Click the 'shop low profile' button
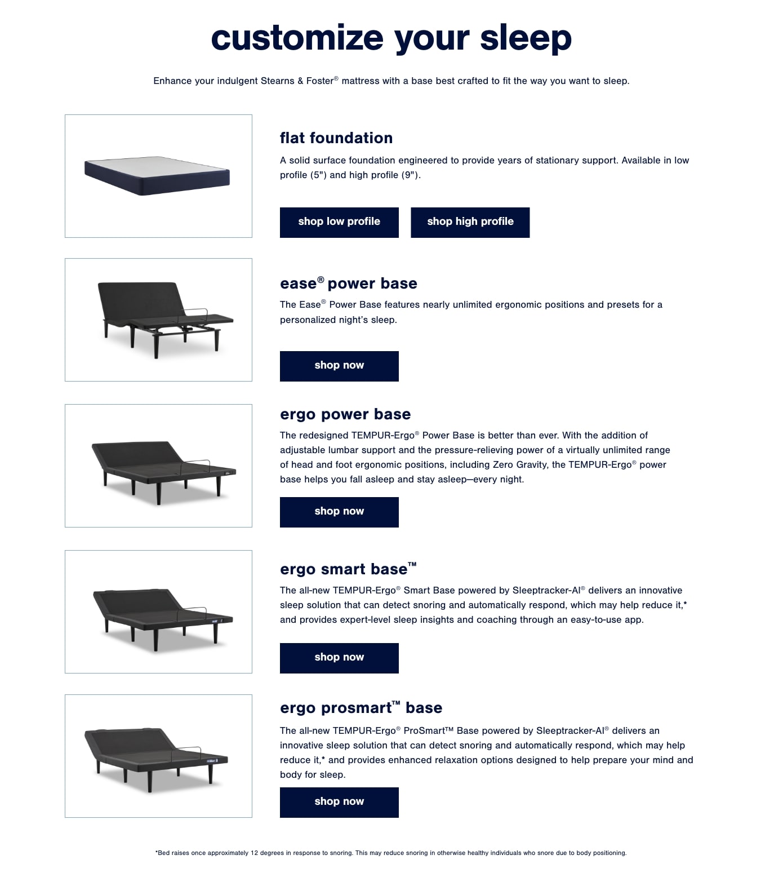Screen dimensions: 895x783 pyautogui.click(x=339, y=222)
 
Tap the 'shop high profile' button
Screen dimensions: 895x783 pyautogui.click(x=470, y=222)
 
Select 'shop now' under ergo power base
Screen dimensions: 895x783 pyautogui.click(x=339, y=512)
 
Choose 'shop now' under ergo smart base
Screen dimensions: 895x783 pyautogui.click(x=339, y=658)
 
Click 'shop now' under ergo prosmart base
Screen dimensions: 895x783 pyautogui.click(x=339, y=802)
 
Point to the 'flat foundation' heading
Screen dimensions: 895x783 pyautogui.click(x=336, y=138)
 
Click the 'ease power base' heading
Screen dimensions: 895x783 pyautogui.click(x=348, y=283)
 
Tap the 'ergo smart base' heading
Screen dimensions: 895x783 pyautogui.click(x=348, y=569)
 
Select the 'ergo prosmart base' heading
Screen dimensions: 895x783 pyautogui.click(x=361, y=708)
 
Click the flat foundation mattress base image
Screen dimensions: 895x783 pyautogui.click(x=158, y=176)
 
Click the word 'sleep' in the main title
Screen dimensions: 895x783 pyautogui.click(x=526, y=38)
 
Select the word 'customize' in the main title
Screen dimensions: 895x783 pyautogui.click(x=297, y=38)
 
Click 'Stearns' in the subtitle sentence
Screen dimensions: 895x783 pyautogui.click(x=277, y=81)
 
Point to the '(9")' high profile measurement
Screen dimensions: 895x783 pyautogui.click(x=410, y=175)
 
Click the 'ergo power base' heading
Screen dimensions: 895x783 pyautogui.click(x=345, y=414)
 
